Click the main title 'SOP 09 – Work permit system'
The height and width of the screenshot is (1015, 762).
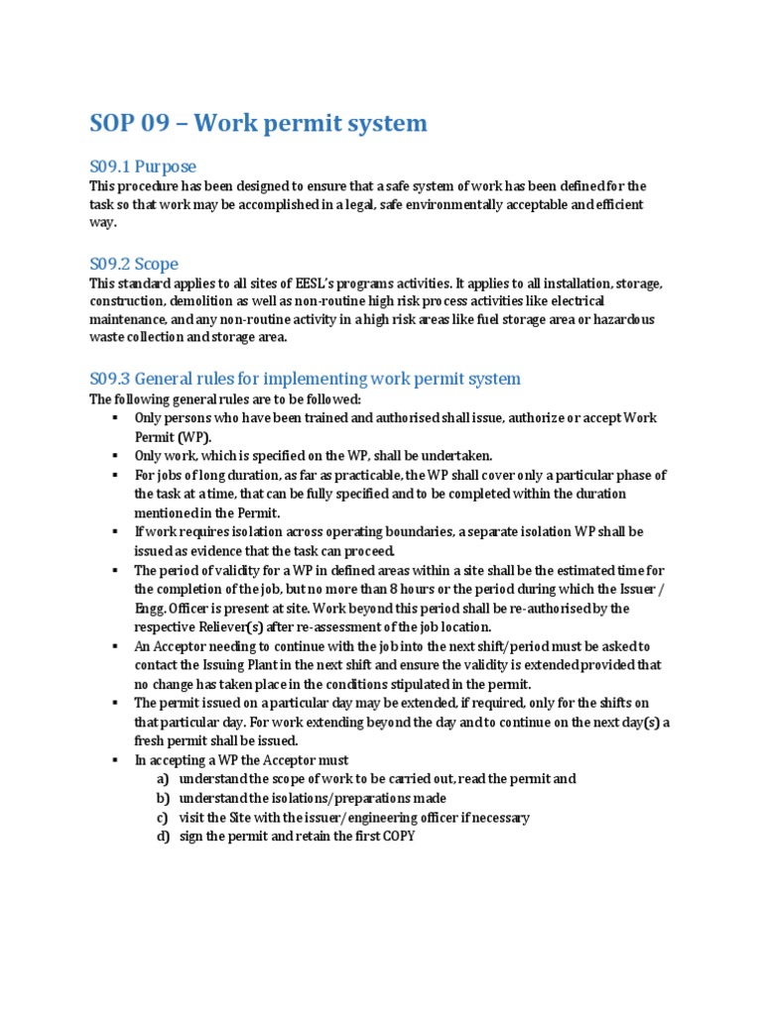(x=258, y=123)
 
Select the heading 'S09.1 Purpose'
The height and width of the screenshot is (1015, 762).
(x=143, y=166)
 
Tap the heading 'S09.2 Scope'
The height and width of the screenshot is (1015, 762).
(x=134, y=264)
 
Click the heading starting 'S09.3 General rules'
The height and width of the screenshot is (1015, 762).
(x=305, y=379)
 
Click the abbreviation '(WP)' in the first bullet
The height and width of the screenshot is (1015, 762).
(x=192, y=436)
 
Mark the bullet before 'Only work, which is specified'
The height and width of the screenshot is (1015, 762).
(x=116, y=456)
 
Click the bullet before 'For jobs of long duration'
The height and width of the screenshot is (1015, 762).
(x=116, y=475)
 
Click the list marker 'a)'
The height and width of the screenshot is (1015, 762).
(x=162, y=779)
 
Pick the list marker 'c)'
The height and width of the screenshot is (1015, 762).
(x=162, y=818)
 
